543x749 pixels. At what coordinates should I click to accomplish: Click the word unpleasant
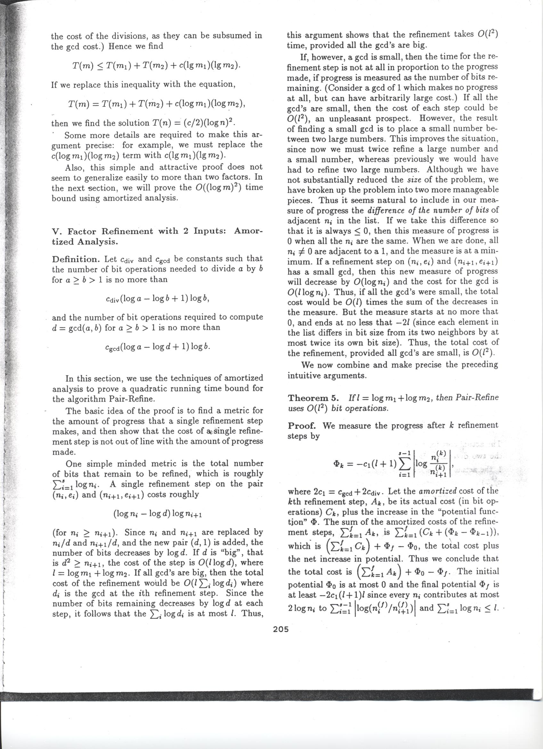[356, 118]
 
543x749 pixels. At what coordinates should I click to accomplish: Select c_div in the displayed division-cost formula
[112, 298]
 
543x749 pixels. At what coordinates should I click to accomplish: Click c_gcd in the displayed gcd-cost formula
[112, 347]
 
